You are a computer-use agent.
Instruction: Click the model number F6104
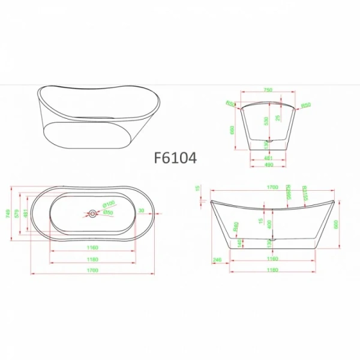point(175,158)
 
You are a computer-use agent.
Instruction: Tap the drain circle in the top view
point(92,213)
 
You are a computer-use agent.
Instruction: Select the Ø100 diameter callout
point(108,204)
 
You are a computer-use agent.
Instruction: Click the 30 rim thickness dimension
point(141,210)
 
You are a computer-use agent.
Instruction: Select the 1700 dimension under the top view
point(92,271)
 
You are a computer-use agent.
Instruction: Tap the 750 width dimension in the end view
point(268,89)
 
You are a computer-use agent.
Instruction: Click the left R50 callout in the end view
point(229,103)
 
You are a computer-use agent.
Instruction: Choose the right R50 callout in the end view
point(306,105)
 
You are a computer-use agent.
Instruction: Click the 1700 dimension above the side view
point(272,188)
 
